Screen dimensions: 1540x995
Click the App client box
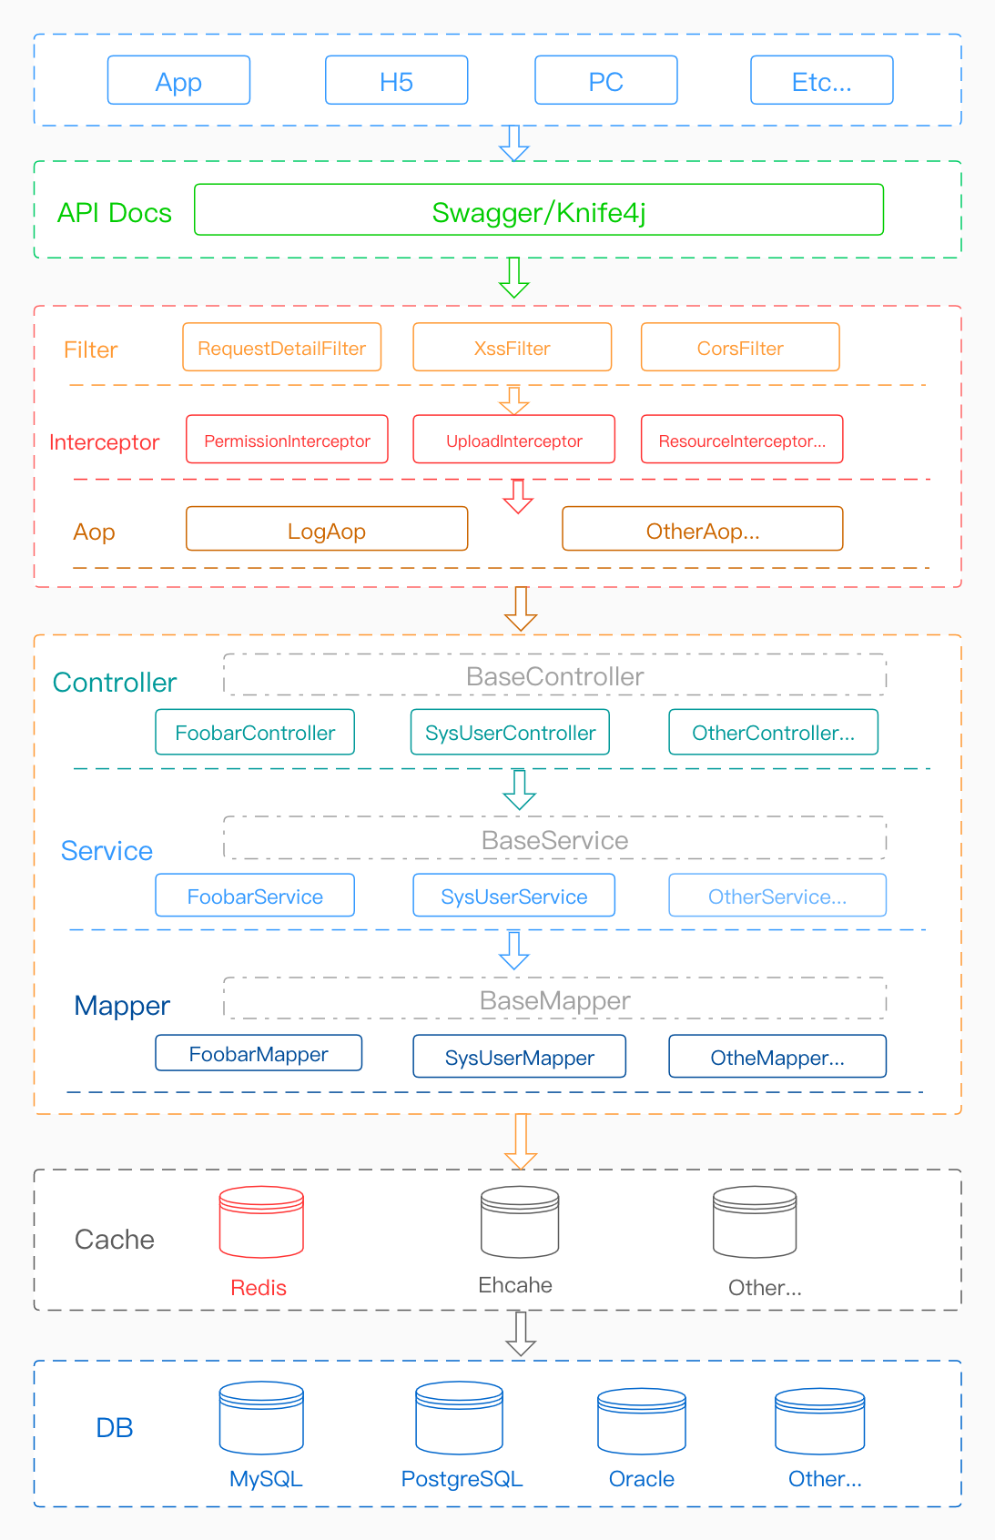(178, 81)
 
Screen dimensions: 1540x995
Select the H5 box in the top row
(396, 81)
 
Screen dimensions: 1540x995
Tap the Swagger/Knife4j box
(538, 210)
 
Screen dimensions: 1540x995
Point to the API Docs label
(115, 213)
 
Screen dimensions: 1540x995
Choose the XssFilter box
(512, 348)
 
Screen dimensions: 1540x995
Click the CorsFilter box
(739, 348)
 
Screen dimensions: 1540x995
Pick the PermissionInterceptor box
(287, 441)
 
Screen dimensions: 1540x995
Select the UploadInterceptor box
(513, 441)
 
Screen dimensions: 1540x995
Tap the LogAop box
(326, 530)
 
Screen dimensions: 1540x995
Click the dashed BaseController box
(554, 675)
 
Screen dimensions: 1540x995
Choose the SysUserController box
(510, 733)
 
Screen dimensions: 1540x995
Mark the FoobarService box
(255, 897)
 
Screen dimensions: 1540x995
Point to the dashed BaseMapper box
(554, 999)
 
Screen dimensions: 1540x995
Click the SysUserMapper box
(519, 1057)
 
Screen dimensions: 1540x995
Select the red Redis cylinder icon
(261, 1221)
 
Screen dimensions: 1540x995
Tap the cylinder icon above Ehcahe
(520, 1221)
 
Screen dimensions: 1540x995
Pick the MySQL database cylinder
(261, 1418)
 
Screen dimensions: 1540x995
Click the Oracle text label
(641, 1479)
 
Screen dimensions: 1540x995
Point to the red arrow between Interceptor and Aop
(518, 496)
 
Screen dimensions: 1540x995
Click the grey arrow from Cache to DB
(520, 1333)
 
